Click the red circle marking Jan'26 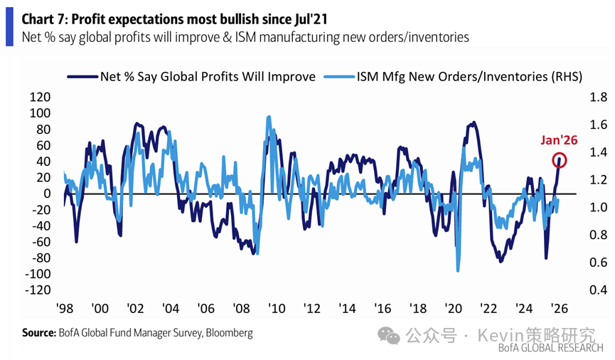tap(560, 160)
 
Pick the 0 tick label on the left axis tap(47, 194)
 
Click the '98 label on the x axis tap(65, 309)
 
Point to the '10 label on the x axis tap(277, 309)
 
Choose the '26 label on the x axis tap(559, 309)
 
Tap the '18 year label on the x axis tap(418, 309)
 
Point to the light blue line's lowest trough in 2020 tap(458, 270)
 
